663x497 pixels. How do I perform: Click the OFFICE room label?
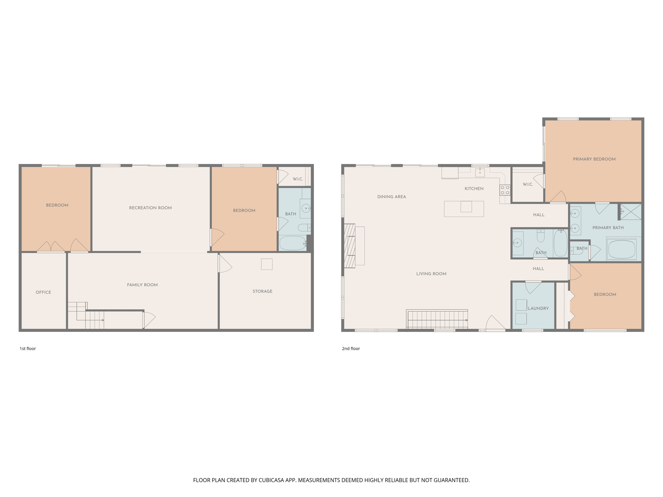click(x=43, y=292)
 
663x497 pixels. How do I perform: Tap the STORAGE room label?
click(x=262, y=291)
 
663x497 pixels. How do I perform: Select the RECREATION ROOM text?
click(x=150, y=208)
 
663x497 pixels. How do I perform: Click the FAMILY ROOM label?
click(x=142, y=285)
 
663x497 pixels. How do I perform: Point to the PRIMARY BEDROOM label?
click(x=594, y=159)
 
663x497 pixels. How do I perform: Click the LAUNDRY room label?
click(x=538, y=308)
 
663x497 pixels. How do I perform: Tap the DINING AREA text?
click(x=391, y=196)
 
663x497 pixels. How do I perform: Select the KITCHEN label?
click(x=474, y=188)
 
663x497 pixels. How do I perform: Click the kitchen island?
click(x=464, y=209)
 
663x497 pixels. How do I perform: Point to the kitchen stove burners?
click(x=505, y=190)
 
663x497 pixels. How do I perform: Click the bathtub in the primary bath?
click(x=622, y=249)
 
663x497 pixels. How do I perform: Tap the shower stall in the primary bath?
click(x=630, y=212)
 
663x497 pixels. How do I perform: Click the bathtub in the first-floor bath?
click(x=292, y=243)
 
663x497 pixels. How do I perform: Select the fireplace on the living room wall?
click(x=350, y=246)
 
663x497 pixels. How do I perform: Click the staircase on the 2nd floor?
click(x=437, y=320)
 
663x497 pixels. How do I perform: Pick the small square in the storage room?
click(x=266, y=264)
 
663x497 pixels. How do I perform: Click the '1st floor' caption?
click(x=28, y=348)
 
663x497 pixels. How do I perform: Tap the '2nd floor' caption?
click(x=351, y=348)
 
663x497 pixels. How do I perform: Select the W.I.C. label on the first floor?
click(x=298, y=179)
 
